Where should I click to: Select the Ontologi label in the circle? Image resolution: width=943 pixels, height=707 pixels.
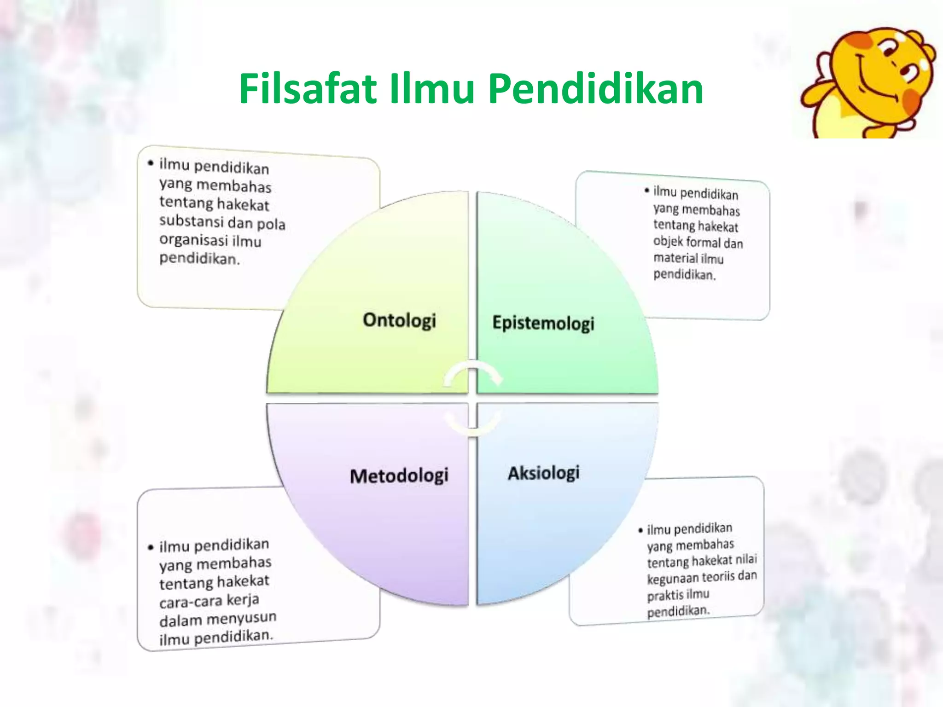pyautogui.click(x=399, y=320)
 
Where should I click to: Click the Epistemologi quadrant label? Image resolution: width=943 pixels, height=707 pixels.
pyautogui.click(x=543, y=323)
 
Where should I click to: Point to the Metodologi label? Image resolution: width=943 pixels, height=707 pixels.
pyautogui.click(x=399, y=475)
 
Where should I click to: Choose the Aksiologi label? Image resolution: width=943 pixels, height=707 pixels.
pyautogui.click(x=544, y=473)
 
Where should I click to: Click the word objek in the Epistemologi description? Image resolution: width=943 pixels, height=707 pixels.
pyautogui.click(x=668, y=241)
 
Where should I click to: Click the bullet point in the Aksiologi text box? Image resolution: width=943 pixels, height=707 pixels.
pyautogui.click(x=640, y=530)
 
